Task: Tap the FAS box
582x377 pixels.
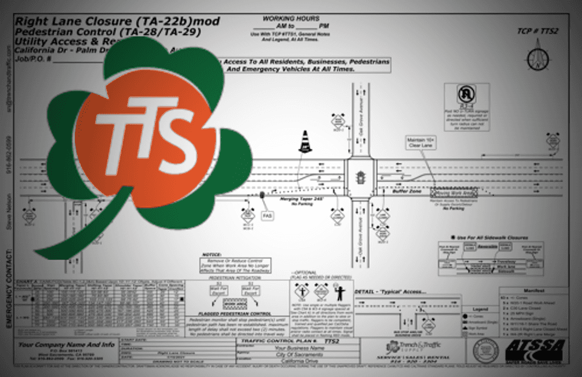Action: [267, 215]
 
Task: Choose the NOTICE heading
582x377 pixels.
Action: [211, 255]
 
